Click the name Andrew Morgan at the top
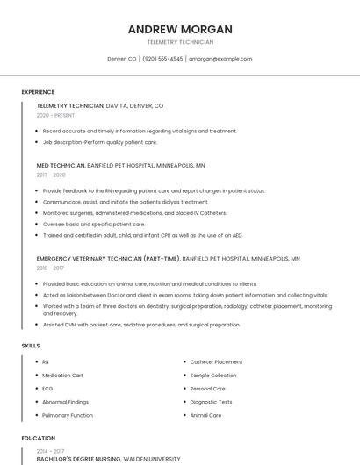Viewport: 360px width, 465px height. (179, 29)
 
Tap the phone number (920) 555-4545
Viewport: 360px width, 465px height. (162, 59)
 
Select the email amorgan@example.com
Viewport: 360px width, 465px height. (220, 59)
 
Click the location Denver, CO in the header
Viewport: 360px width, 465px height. (121, 59)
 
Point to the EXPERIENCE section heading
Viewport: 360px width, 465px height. (38, 92)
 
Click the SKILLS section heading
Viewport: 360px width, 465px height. (31, 346)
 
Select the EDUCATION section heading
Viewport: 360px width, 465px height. (38, 438)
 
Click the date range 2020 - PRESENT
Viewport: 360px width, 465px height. (55, 115)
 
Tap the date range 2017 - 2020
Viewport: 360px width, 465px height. (51, 175)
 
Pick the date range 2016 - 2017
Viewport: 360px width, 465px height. (51, 268)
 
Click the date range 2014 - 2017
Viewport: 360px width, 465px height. (51, 449)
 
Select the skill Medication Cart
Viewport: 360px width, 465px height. (62, 376)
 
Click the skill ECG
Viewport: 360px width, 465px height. (47, 389)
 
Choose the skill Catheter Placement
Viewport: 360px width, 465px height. (216, 361)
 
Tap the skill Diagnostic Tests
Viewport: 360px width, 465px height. (211, 402)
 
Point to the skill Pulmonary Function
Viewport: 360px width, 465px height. (68, 415)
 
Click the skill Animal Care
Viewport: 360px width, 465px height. (205, 415)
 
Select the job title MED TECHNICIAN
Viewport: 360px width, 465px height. (61, 165)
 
